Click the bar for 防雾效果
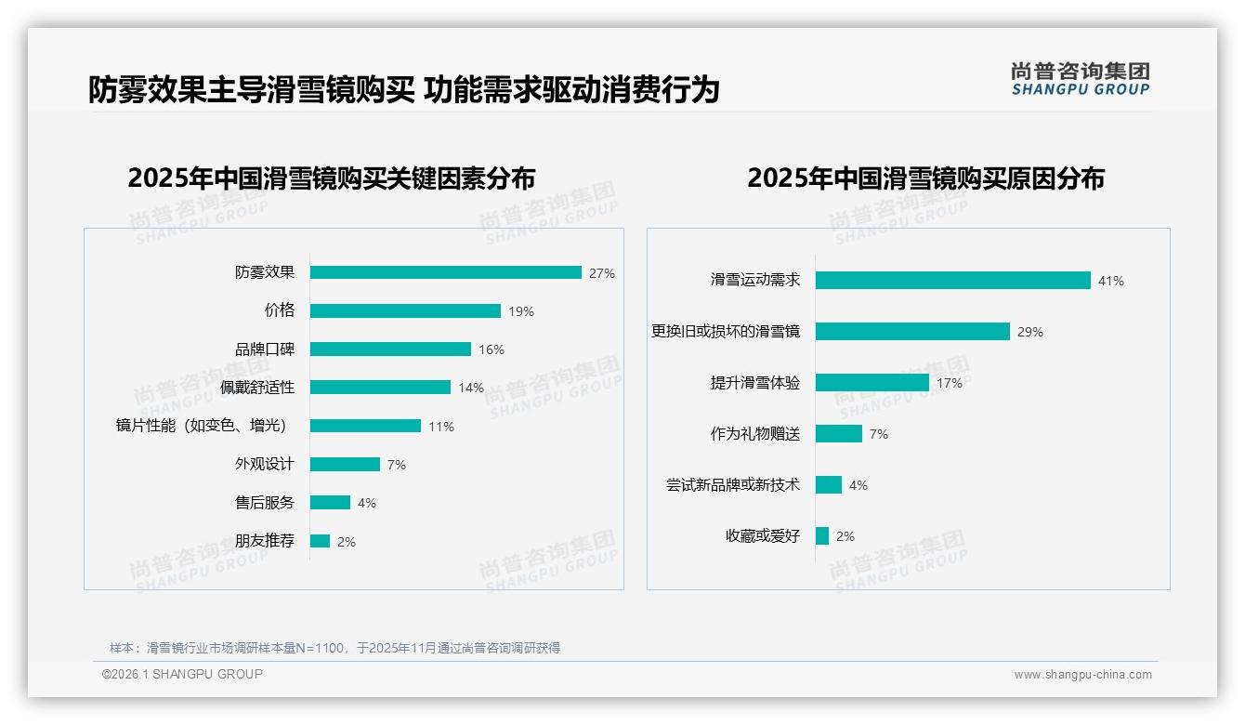(x=446, y=272)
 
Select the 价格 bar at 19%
(x=405, y=310)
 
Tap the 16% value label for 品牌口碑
(x=491, y=349)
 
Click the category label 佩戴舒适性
(x=257, y=388)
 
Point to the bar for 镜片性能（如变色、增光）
(x=365, y=426)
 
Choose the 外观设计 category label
(x=264, y=464)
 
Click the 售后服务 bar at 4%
(x=330, y=502)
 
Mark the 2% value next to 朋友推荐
(x=347, y=541)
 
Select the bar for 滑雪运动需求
(x=952, y=280)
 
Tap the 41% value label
(x=1111, y=281)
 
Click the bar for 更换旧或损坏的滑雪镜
(x=912, y=331)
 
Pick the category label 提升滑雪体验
(x=755, y=383)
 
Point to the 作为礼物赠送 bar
(x=839, y=433)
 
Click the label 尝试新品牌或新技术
(x=733, y=485)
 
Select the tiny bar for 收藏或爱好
(x=822, y=535)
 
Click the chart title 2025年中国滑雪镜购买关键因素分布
(x=332, y=178)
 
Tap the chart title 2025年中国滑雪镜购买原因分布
(x=925, y=178)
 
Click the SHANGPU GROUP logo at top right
(x=1081, y=79)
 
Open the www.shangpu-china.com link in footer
(x=1082, y=675)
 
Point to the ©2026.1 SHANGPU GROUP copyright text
(x=182, y=674)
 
